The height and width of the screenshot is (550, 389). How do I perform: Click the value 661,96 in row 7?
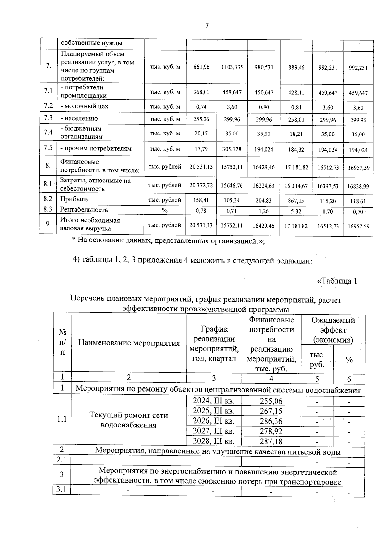click(201, 67)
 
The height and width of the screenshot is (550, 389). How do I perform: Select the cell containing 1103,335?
click(232, 67)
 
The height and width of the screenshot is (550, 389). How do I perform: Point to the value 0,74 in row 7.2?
click(201, 107)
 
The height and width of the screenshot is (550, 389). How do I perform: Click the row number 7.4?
click(48, 133)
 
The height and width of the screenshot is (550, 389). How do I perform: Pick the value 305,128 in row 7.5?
click(232, 149)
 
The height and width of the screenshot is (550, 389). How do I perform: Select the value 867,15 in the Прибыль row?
click(296, 201)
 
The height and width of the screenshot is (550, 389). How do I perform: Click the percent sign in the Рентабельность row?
click(165, 210)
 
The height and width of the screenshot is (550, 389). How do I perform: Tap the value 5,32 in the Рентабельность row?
click(296, 211)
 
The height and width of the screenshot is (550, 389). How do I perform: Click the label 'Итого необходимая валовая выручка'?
click(90, 225)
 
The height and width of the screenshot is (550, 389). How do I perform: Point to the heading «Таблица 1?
click(337, 281)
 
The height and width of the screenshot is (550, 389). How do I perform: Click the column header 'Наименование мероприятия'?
click(129, 343)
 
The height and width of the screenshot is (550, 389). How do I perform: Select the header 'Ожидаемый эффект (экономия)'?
click(333, 330)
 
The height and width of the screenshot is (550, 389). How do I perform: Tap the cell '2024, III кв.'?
click(214, 401)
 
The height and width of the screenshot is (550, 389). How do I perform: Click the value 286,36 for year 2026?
click(271, 421)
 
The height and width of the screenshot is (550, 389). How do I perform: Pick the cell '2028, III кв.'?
click(214, 441)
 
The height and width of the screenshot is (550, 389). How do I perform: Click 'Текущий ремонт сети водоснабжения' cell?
click(129, 420)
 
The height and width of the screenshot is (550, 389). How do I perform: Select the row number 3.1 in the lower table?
click(61, 489)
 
